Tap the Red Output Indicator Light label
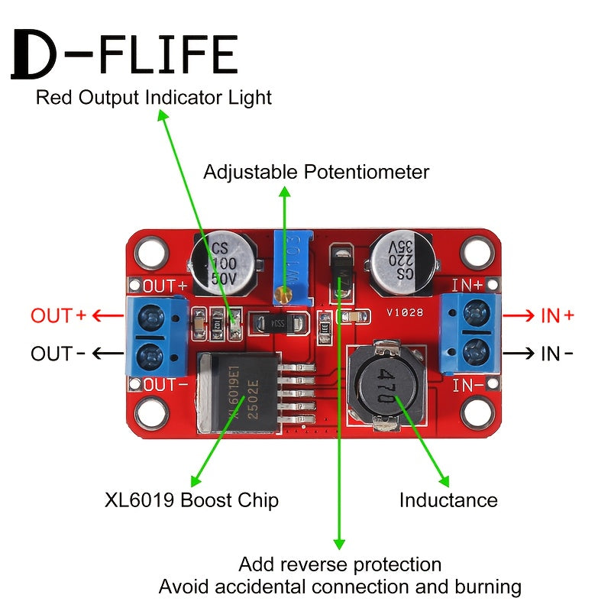[154, 98]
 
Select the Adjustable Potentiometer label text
[316, 172]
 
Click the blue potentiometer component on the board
[293, 268]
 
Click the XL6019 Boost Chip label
[191, 500]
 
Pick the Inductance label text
[448, 500]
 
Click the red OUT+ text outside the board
[59, 315]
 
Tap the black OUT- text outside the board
[59, 354]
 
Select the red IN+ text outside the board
[557, 315]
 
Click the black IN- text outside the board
[557, 354]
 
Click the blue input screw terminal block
[472, 334]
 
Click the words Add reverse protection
[340, 564]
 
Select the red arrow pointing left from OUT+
[108, 315]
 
